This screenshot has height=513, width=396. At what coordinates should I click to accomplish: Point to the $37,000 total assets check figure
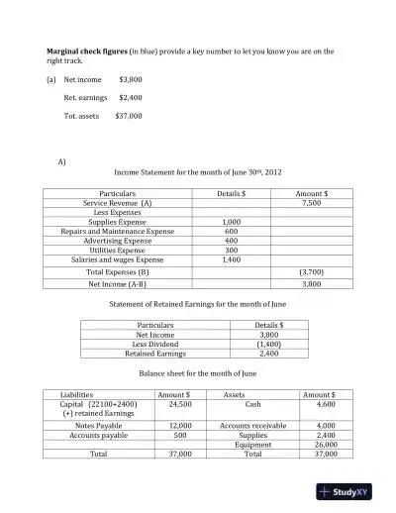pos(129,115)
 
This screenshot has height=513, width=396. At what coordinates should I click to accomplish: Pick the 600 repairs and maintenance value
pos(231,231)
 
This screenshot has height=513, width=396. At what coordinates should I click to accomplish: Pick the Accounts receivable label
pos(252,425)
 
